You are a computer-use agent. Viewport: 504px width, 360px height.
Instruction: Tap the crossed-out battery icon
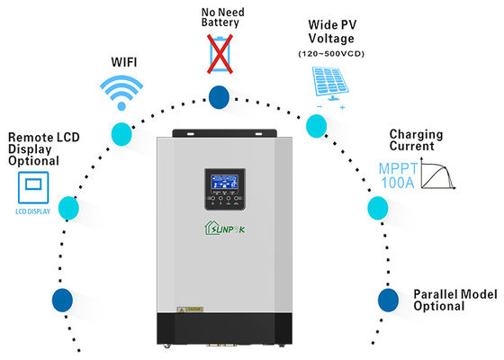coord(218,54)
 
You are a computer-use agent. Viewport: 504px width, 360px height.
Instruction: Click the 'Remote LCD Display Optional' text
coord(33,149)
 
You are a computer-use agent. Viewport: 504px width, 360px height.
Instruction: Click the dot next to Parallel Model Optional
coord(387,299)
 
